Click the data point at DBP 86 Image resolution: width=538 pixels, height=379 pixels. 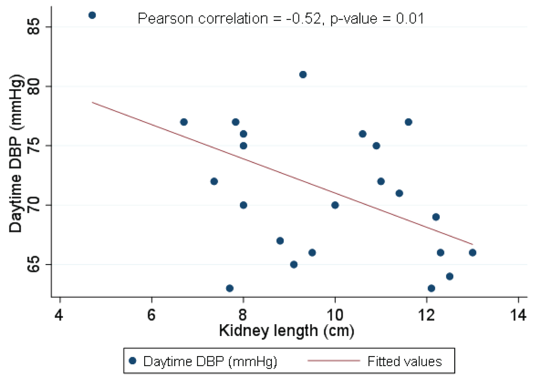(92, 15)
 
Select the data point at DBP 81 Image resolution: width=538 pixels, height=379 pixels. (303, 75)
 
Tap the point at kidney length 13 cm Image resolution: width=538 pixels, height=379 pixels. (473, 253)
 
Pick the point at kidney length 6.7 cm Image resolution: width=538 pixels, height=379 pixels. (184, 122)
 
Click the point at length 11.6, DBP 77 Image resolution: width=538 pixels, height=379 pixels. (409, 122)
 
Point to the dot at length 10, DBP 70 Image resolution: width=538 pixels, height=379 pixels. (335, 205)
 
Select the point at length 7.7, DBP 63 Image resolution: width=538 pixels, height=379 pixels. (230, 288)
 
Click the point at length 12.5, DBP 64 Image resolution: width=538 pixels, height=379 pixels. (450, 277)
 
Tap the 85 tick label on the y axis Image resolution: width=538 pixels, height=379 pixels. (34, 27)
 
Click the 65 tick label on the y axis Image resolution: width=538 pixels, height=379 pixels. (34, 264)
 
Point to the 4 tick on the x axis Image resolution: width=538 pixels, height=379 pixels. (60, 315)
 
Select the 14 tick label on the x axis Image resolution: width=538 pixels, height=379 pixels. (518, 315)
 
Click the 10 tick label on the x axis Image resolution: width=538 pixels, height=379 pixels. (335, 315)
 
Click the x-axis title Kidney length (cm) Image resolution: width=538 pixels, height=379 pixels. (287, 331)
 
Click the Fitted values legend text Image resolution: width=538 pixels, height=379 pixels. (405, 361)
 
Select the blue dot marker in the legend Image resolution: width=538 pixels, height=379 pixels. (133, 361)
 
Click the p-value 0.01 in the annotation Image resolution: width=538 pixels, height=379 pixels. (410, 18)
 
